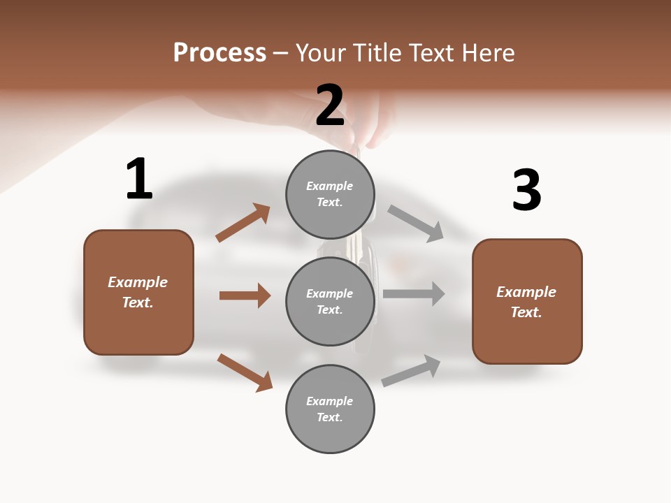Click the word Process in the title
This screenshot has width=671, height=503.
(x=219, y=52)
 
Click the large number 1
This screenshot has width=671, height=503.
(x=139, y=179)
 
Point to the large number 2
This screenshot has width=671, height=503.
(x=330, y=105)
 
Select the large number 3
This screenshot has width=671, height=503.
(x=526, y=190)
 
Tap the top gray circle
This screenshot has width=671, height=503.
(x=330, y=194)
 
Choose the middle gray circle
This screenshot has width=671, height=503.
(x=330, y=301)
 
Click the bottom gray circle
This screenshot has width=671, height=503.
(x=330, y=409)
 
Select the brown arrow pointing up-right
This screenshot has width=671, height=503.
(x=243, y=223)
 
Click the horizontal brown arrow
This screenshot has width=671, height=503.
(x=245, y=296)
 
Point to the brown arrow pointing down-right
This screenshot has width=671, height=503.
(x=245, y=372)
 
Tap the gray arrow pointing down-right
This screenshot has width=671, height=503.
(x=415, y=223)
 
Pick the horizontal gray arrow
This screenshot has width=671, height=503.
(x=414, y=293)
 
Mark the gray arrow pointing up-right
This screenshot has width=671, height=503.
(x=411, y=371)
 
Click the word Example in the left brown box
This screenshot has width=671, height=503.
(x=138, y=282)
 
